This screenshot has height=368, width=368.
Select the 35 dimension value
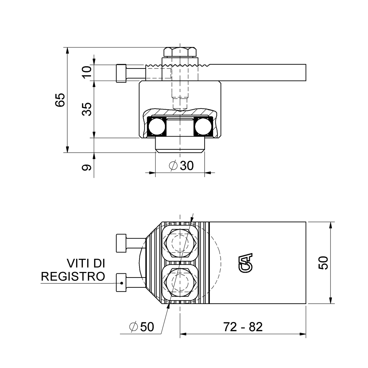tap(87, 109)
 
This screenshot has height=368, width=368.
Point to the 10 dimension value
tap(87, 72)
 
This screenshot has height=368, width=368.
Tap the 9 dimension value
tap(87, 167)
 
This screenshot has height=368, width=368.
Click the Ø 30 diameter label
tap(181, 166)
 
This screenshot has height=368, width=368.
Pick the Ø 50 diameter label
tap(142, 326)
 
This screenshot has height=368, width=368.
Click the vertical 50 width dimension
tap(323, 263)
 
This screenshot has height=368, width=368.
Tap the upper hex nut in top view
tap(180, 244)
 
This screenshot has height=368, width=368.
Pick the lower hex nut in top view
tap(180, 283)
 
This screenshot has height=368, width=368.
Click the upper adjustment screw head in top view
tap(121, 243)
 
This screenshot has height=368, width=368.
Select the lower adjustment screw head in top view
tap(121, 283)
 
